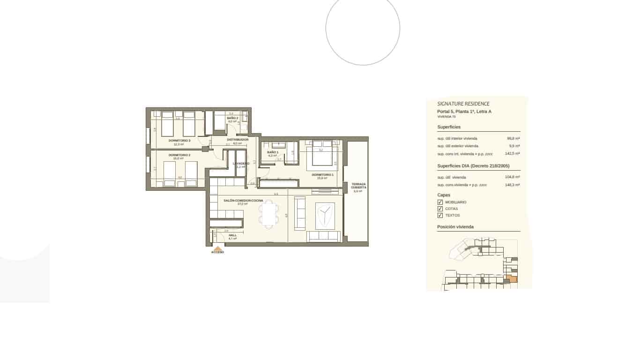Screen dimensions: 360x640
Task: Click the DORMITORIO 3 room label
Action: [x=179, y=140]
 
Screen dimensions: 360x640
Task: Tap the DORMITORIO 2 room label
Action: [x=179, y=155]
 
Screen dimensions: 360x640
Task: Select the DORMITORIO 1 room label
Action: [x=322, y=175]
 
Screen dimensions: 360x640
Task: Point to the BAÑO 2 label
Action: [x=232, y=118]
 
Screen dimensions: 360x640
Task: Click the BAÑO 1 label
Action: [x=273, y=152]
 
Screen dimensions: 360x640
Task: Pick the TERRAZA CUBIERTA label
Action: [x=358, y=186]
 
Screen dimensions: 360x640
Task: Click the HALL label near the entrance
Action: [x=232, y=235]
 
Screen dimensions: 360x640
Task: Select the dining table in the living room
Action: [x=268, y=214]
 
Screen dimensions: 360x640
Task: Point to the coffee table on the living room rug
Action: [x=325, y=216]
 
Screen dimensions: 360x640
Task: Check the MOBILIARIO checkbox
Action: [x=440, y=202]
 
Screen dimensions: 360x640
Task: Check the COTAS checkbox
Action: [x=440, y=209]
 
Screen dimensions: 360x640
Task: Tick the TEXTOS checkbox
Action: [x=440, y=216]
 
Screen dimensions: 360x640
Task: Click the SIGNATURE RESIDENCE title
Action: [x=463, y=104]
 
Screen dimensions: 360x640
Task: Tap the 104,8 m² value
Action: [x=513, y=177]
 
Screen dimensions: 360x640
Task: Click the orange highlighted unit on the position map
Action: [x=513, y=279]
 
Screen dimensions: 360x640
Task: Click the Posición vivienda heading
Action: [x=455, y=227]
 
